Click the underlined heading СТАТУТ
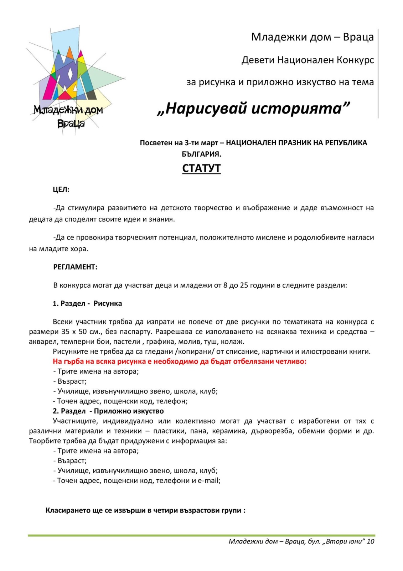201,168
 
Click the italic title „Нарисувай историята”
253,108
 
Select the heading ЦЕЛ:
61,190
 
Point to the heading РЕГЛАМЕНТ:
75,267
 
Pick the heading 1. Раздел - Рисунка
87,304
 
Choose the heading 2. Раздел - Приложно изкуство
108,411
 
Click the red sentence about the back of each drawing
180,362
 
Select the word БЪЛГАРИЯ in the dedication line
201,154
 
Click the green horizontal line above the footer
201,535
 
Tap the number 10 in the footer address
370,541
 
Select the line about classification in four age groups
145,510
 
